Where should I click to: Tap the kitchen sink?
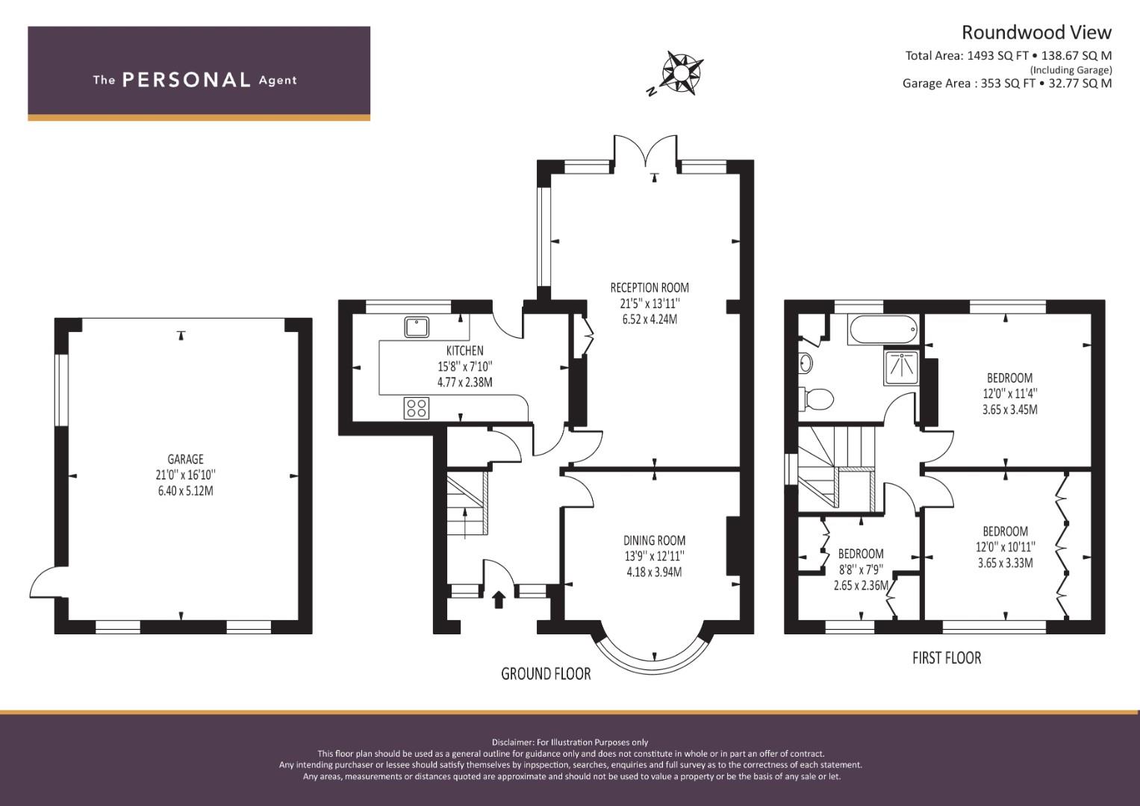[x=417, y=327]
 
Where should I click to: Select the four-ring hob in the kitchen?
[x=417, y=408]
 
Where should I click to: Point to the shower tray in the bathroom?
[x=901, y=367]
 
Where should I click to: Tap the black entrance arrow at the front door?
[x=499, y=599]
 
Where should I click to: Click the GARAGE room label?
[x=185, y=459]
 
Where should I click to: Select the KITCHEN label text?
[x=464, y=351]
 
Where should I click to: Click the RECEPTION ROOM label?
[x=650, y=287]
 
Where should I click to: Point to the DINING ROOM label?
[x=654, y=540]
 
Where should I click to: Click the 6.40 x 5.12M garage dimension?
[x=185, y=491]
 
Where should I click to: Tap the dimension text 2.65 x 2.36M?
[x=861, y=586]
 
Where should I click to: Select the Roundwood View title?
[x=1036, y=33]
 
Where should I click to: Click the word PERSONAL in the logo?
[x=187, y=80]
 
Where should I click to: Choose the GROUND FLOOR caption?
[x=546, y=674]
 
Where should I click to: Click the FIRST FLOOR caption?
[x=947, y=658]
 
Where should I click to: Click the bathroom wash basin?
[x=806, y=363]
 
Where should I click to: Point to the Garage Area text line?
[x=1007, y=84]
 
